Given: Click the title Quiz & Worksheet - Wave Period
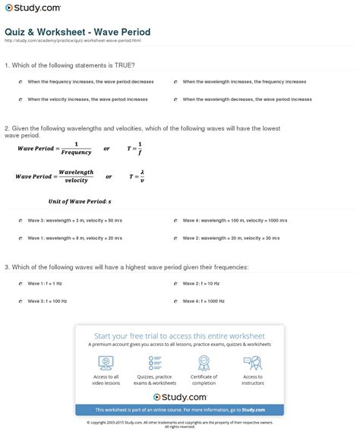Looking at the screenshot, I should (77, 32).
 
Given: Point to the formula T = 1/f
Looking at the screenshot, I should (136, 148).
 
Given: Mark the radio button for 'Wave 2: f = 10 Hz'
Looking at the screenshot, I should (174, 283).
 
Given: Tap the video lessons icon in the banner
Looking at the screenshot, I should (106, 363).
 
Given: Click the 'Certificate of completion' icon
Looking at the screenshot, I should (204, 363).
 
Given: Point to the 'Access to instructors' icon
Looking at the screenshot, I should (253, 363).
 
